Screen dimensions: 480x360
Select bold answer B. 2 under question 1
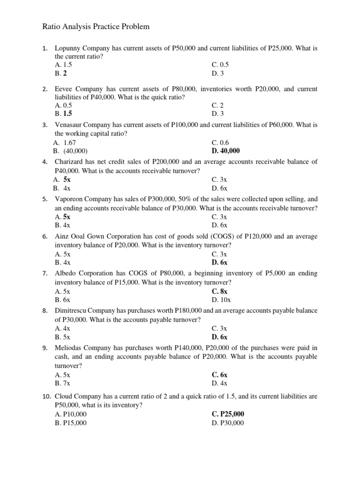tap(61, 73)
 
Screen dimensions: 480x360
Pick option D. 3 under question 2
tap(217, 113)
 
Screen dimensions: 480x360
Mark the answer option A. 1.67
tap(65, 142)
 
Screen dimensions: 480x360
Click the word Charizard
tap(70, 162)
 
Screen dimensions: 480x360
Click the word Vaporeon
tap(71, 199)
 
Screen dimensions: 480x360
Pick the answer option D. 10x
tap(221, 299)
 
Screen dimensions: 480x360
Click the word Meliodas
tap(70, 348)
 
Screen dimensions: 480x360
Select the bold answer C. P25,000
tap(228, 414)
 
